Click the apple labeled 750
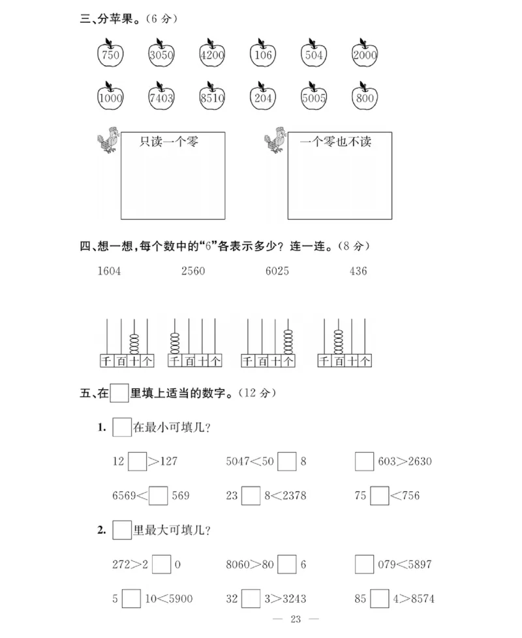[x=110, y=55]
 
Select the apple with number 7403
[x=161, y=98]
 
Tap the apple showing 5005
[x=314, y=98]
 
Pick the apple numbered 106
[x=263, y=55]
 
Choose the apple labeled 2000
[x=365, y=55]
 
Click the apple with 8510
[x=212, y=98]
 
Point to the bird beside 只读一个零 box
[x=108, y=139]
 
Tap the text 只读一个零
[x=169, y=141]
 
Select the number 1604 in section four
[x=110, y=271]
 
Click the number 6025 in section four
[x=277, y=271]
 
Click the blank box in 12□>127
[x=137, y=461]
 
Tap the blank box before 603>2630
[x=364, y=461]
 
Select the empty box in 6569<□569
[x=159, y=496]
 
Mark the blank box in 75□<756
[x=379, y=496]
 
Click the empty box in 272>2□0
[x=162, y=564]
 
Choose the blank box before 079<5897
[x=364, y=564]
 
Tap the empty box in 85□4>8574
[x=379, y=599]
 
